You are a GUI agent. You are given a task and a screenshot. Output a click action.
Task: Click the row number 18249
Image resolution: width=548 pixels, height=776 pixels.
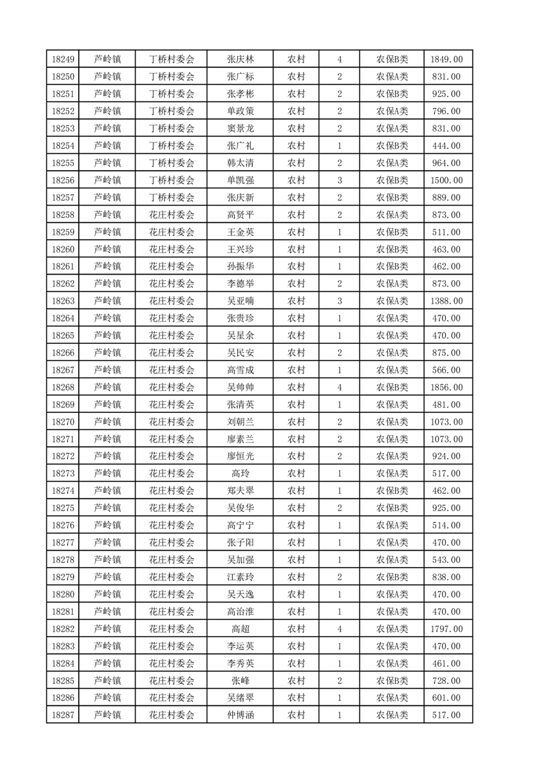(x=63, y=59)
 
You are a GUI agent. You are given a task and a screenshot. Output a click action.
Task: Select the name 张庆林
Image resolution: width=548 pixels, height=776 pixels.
(x=240, y=59)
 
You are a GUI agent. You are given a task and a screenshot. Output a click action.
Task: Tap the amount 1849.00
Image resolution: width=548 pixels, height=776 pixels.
(x=448, y=59)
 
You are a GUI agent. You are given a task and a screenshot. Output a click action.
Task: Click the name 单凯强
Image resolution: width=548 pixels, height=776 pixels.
(x=240, y=180)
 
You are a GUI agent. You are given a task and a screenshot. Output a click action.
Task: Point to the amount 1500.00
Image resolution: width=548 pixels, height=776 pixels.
(x=448, y=180)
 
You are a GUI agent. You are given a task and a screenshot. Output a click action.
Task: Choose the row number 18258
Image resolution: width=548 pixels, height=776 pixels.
(x=63, y=214)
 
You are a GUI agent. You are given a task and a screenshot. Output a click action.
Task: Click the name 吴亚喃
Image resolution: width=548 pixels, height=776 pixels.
(x=240, y=301)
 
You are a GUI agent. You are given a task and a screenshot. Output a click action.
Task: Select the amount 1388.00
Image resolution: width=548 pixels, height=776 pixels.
(x=448, y=301)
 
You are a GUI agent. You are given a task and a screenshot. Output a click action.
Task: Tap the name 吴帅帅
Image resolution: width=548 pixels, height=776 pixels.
(x=240, y=387)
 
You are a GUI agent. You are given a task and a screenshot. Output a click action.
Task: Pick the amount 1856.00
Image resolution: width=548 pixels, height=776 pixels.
(x=448, y=387)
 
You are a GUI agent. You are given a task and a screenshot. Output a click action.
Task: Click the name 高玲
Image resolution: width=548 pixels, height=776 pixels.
(x=240, y=474)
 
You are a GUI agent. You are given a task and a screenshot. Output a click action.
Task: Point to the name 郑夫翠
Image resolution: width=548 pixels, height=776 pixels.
(x=240, y=491)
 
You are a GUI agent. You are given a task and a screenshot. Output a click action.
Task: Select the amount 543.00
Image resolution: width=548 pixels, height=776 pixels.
(x=448, y=560)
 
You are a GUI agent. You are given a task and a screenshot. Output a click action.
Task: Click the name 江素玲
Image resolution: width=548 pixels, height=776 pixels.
(x=240, y=577)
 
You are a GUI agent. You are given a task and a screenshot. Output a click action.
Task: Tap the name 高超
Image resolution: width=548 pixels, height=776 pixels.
(x=240, y=629)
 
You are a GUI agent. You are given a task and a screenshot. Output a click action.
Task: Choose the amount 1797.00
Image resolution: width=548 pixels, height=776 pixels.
(x=448, y=629)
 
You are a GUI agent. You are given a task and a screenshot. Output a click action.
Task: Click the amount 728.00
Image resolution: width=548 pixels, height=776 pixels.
(x=448, y=681)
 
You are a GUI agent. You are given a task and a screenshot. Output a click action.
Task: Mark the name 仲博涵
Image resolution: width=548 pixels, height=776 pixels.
(x=240, y=715)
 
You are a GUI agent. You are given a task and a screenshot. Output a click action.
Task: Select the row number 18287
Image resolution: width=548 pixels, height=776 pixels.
(x=63, y=715)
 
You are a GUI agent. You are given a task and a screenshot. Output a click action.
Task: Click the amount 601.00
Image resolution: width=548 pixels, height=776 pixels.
(x=448, y=698)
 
